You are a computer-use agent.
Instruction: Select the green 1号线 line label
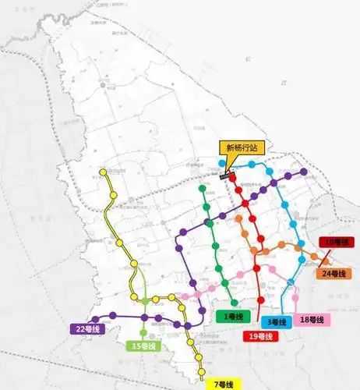[x=230, y=316]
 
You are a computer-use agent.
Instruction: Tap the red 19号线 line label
[x=260, y=336]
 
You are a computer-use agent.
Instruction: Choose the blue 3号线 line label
[x=277, y=322]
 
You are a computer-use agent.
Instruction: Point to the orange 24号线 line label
[x=334, y=274]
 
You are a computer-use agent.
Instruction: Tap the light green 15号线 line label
[x=144, y=346]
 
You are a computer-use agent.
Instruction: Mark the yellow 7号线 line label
[x=225, y=384]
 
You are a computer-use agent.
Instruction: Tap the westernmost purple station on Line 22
[x=96, y=318]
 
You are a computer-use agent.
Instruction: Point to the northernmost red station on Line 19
[x=231, y=176]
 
